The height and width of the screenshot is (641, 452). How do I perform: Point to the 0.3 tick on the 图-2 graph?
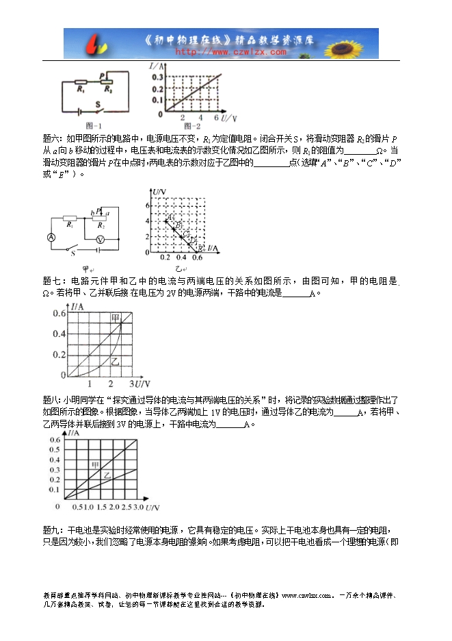click(x=157, y=78)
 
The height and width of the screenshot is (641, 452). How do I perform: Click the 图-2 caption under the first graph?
click(x=192, y=126)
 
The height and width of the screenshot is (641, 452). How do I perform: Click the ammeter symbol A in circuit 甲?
click(x=51, y=237)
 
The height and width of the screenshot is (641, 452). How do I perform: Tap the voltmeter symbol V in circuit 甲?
click(x=100, y=240)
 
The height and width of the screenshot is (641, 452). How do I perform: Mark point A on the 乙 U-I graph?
click(x=170, y=218)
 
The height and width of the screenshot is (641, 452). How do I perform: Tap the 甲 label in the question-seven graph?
click(x=116, y=318)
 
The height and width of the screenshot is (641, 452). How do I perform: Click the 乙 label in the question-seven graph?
click(x=116, y=361)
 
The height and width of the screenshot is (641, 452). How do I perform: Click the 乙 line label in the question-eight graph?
click(x=107, y=473)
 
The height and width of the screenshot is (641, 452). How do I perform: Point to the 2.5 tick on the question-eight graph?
click(x=127, y=507)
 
